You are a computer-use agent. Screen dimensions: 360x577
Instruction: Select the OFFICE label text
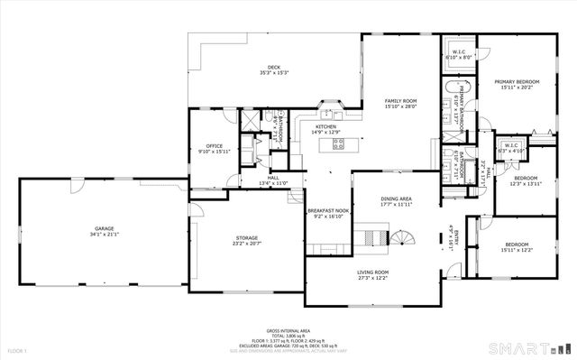(x=214, y=147)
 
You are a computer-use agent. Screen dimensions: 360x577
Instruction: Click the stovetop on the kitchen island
(x=339, y=143)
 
